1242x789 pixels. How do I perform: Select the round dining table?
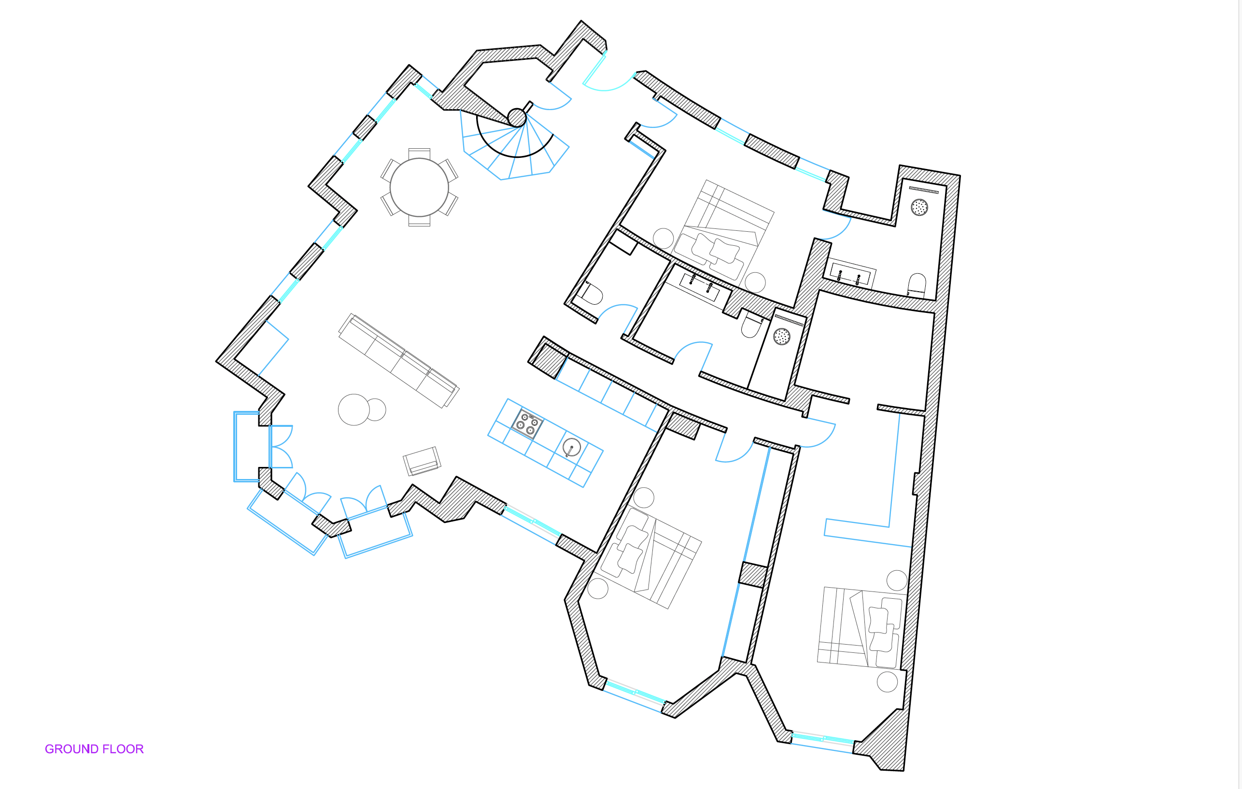tap(419, 187)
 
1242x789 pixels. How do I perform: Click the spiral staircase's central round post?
tap(517, 117)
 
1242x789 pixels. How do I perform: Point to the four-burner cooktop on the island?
tap(528, 424)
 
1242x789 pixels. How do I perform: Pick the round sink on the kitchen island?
tap(571, 447)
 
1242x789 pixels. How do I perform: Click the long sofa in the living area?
tap(399, 361)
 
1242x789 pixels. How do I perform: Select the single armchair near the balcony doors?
tap(422, 461)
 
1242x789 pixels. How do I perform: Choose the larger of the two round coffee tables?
tap(354, 409)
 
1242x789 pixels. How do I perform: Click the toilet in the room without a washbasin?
tap(591, 293)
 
